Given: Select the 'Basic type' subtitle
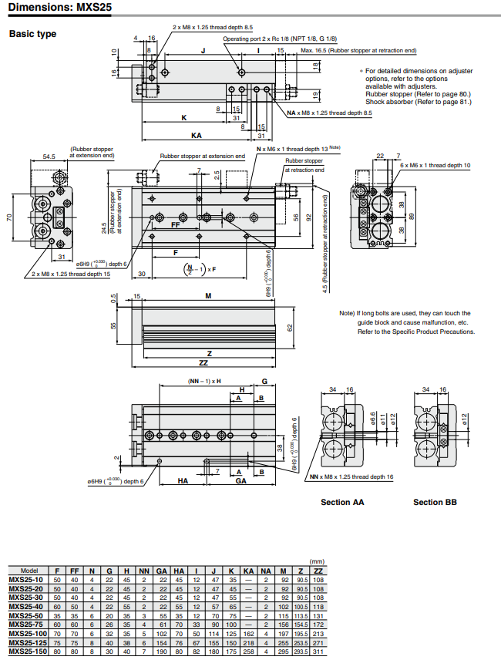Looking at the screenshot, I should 32,34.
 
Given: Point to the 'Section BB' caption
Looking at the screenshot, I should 435,502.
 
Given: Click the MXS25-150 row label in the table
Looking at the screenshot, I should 27,652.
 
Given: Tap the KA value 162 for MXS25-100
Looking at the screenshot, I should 248,633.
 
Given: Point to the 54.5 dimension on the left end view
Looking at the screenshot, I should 49,157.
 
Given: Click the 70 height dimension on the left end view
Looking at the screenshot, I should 10,217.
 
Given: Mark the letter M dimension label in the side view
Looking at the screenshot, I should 209,296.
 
